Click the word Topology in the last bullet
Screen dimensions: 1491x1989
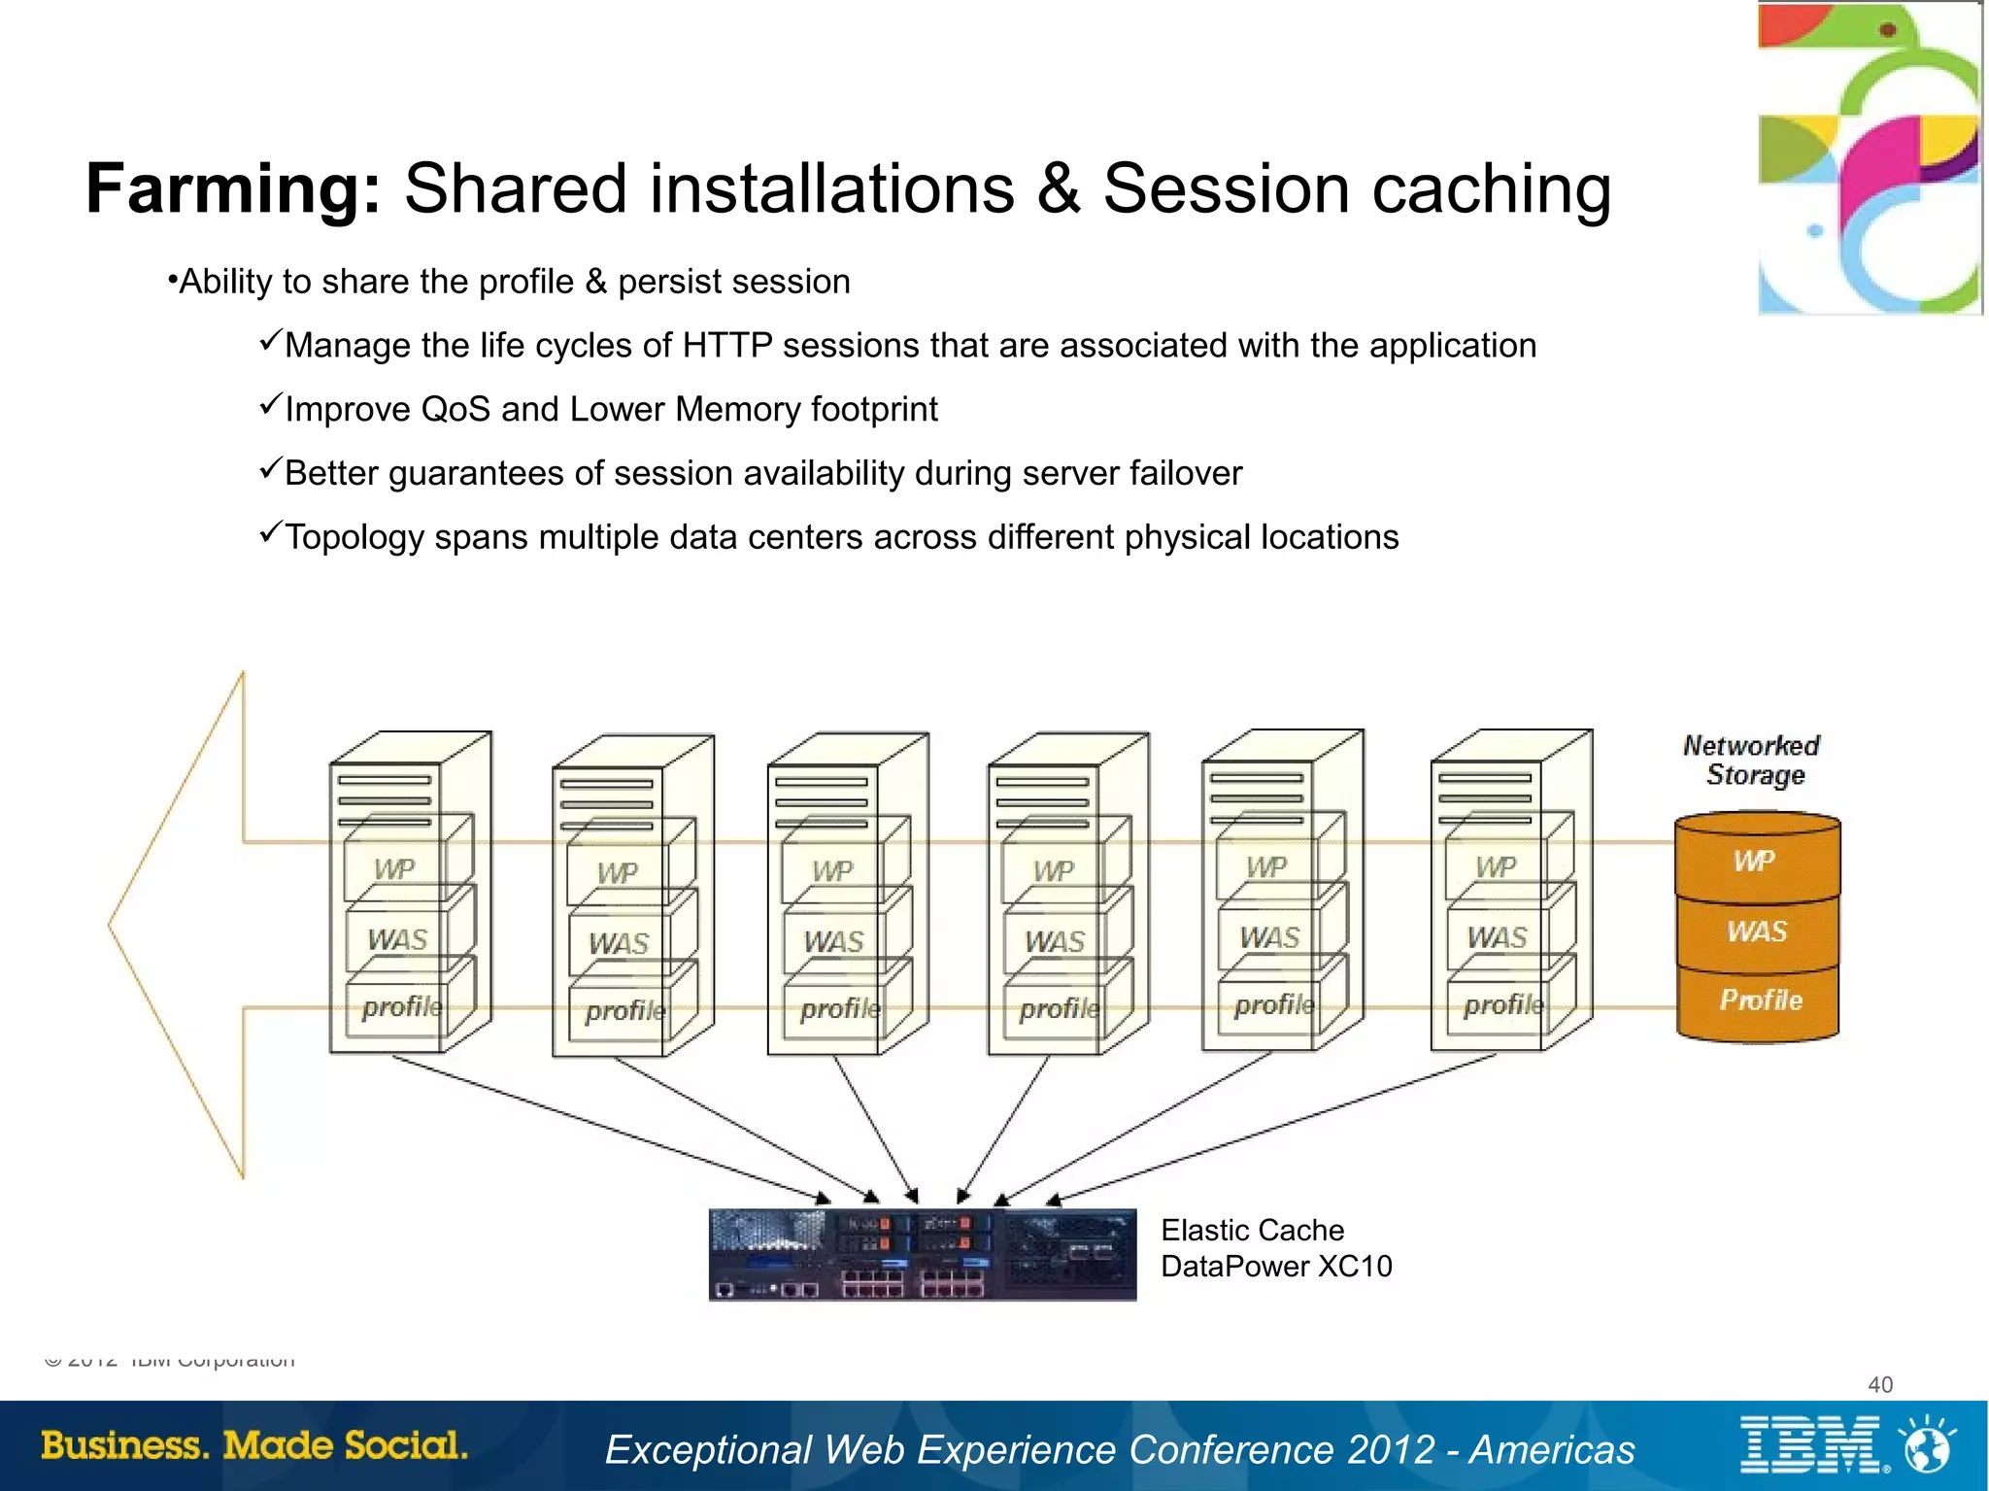coord(354,537)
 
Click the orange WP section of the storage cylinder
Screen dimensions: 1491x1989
coord(1756,861)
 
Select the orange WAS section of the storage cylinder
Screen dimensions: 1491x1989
coord(1756,932)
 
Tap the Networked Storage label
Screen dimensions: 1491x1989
coord(1752,761)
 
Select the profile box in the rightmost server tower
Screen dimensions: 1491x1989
coord(1501,1004)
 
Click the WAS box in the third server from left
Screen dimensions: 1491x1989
coord(833,941)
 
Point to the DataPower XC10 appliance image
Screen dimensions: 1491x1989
coord(922,1254)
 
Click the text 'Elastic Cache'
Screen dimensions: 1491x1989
coord(1252,1231)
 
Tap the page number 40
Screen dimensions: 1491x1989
coord(1879,1384)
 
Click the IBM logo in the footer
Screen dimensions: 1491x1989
coord(1811,1445)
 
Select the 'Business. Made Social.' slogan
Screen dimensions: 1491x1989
coord(254,1445)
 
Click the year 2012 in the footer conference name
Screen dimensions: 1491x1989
coord(1390,1449)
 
